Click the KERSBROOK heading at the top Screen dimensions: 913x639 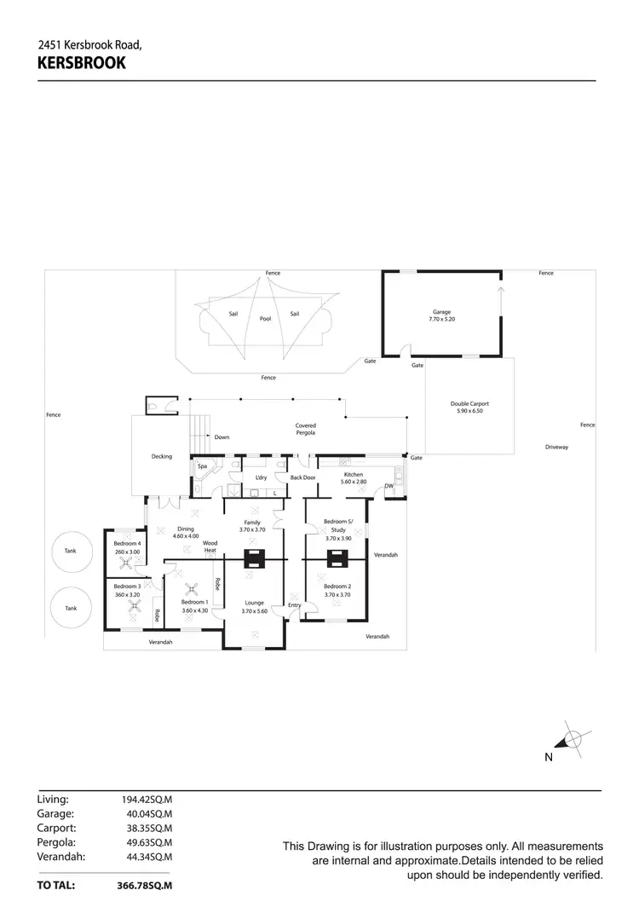(82, 62)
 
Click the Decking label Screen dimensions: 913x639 (161, 456)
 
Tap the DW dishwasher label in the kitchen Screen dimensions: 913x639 (389, 486)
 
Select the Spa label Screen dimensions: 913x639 (203, 466)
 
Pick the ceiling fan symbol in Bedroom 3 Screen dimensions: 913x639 (134, 606)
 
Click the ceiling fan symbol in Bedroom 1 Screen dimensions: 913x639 (193, 587)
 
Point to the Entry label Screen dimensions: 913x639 (294, 605)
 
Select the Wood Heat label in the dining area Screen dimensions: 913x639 (210, 546)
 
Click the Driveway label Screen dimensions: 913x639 (557, 447)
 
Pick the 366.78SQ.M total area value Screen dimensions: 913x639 (144, 886)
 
